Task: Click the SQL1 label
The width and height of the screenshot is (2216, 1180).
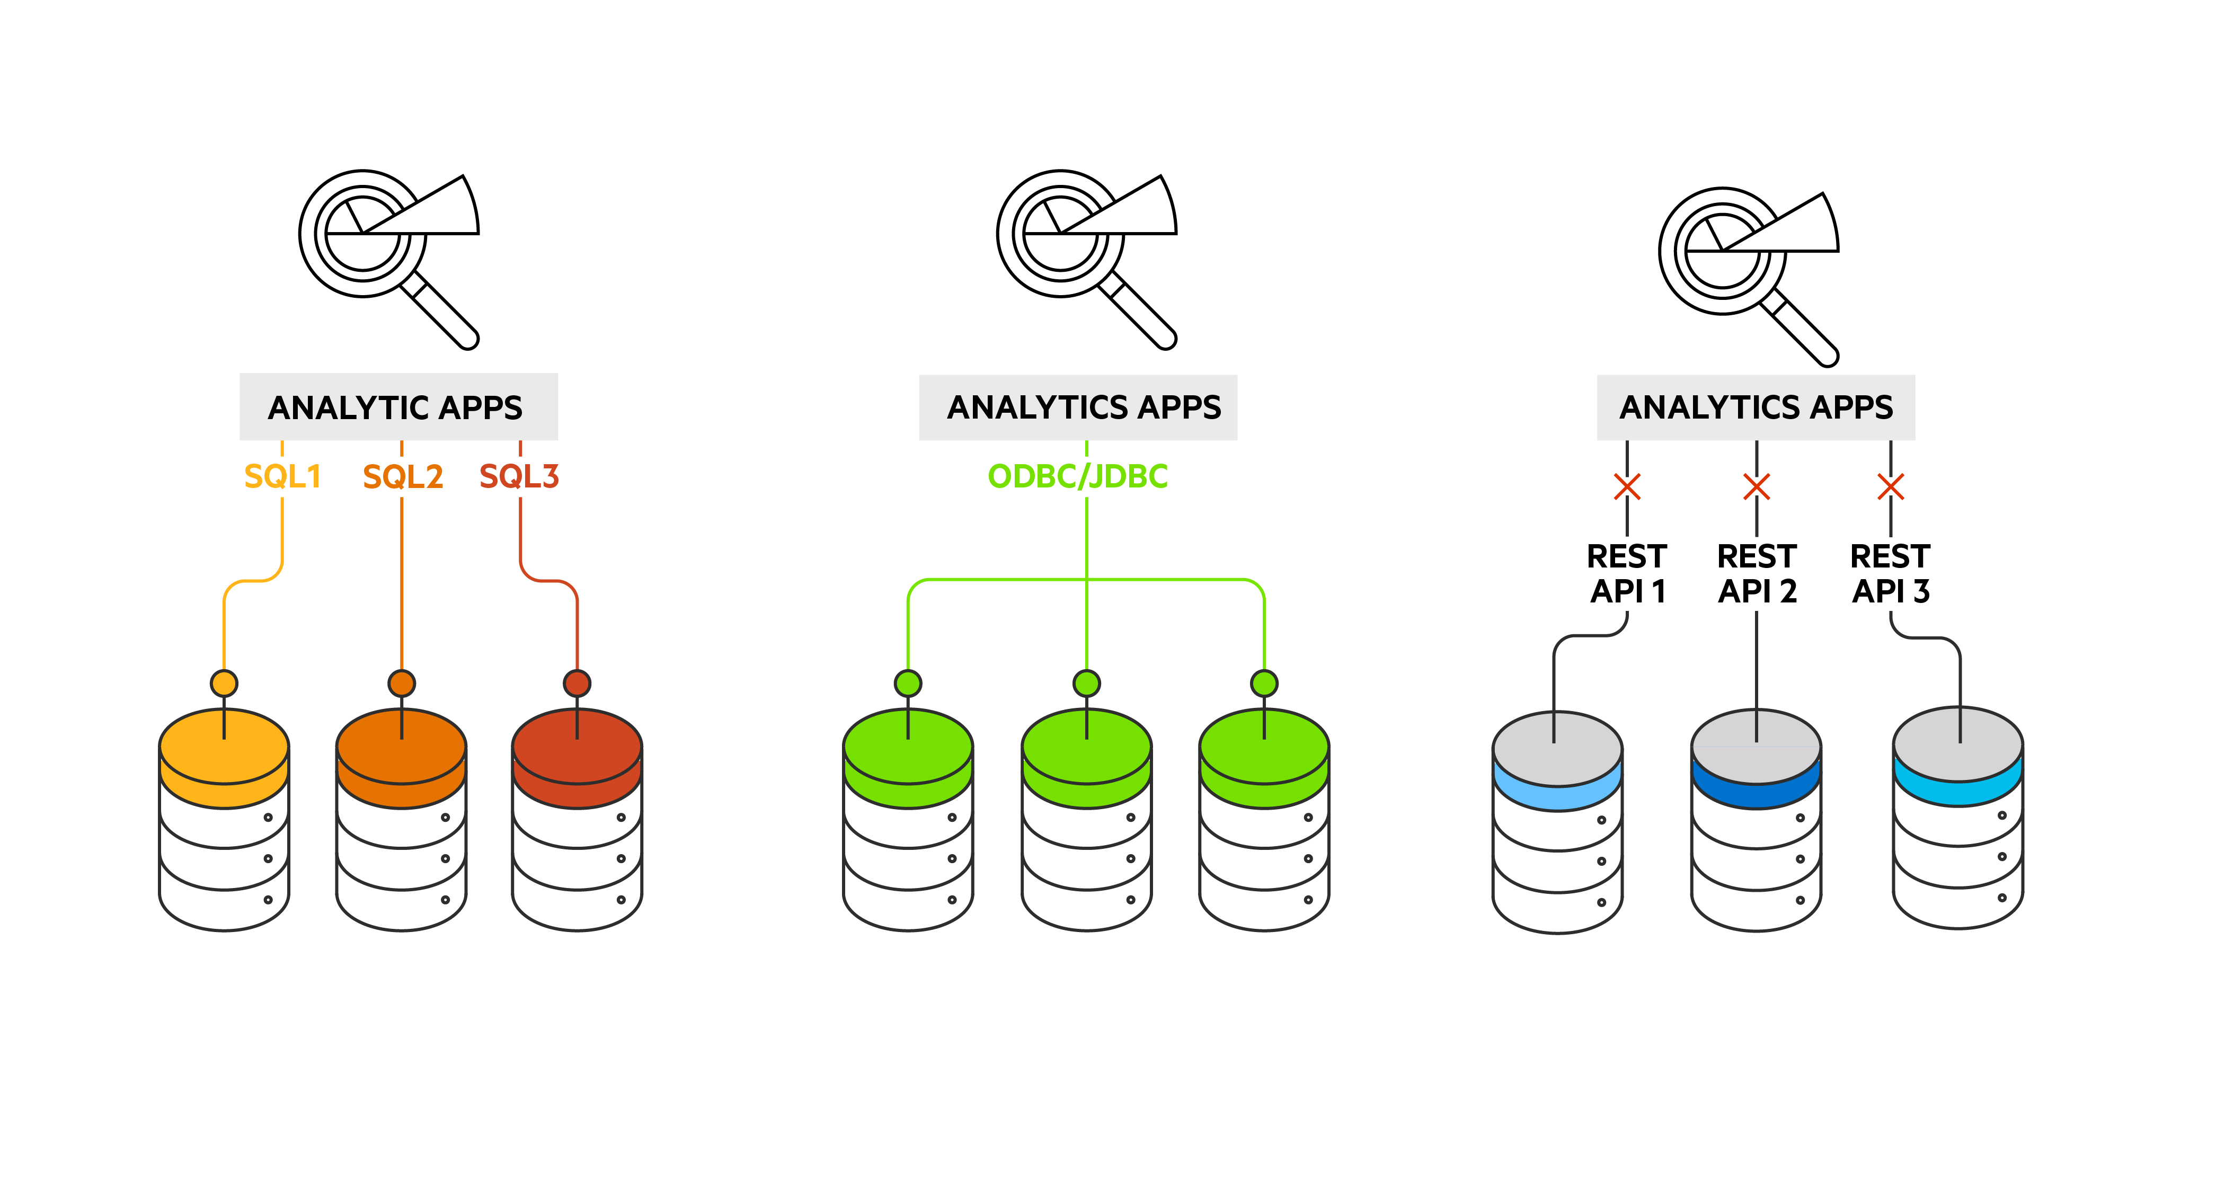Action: (x=282, y=476)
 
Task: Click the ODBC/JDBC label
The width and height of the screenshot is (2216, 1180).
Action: (x=1077, y=476)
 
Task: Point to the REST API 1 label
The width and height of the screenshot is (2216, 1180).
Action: (x=1627, y=574)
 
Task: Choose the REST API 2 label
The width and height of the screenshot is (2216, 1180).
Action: (x=1757, y=574)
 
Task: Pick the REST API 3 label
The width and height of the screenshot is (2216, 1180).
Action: (x=1890, y=574)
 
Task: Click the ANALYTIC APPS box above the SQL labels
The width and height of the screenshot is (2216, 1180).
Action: (x=398, y=407)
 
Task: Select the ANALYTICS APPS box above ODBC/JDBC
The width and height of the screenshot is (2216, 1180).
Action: (x=1078, y=407)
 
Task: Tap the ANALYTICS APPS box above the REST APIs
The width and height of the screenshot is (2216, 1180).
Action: (x=1756, y=407)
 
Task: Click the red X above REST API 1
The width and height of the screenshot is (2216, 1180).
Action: (x=1627, y=487)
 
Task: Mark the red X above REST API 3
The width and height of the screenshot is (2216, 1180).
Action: (x=1890, y=487)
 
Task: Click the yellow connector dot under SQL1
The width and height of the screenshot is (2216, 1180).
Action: (x=225, y=684)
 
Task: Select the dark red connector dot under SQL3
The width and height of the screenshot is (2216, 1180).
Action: (x=577, y=684)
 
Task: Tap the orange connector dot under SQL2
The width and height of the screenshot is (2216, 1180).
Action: (x=402, y=684)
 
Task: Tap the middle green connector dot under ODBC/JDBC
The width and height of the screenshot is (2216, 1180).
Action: (x=1086, y=684)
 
